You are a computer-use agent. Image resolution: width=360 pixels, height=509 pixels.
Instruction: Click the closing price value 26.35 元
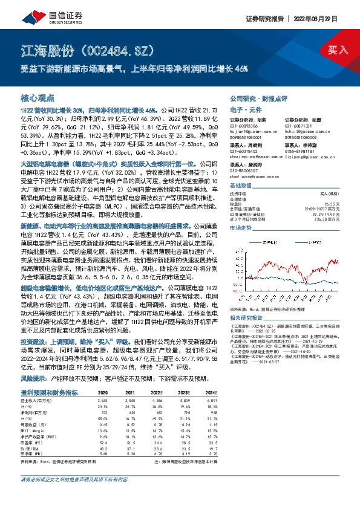coord(333,204)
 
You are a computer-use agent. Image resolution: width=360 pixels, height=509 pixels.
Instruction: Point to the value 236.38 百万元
coord(328,219)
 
